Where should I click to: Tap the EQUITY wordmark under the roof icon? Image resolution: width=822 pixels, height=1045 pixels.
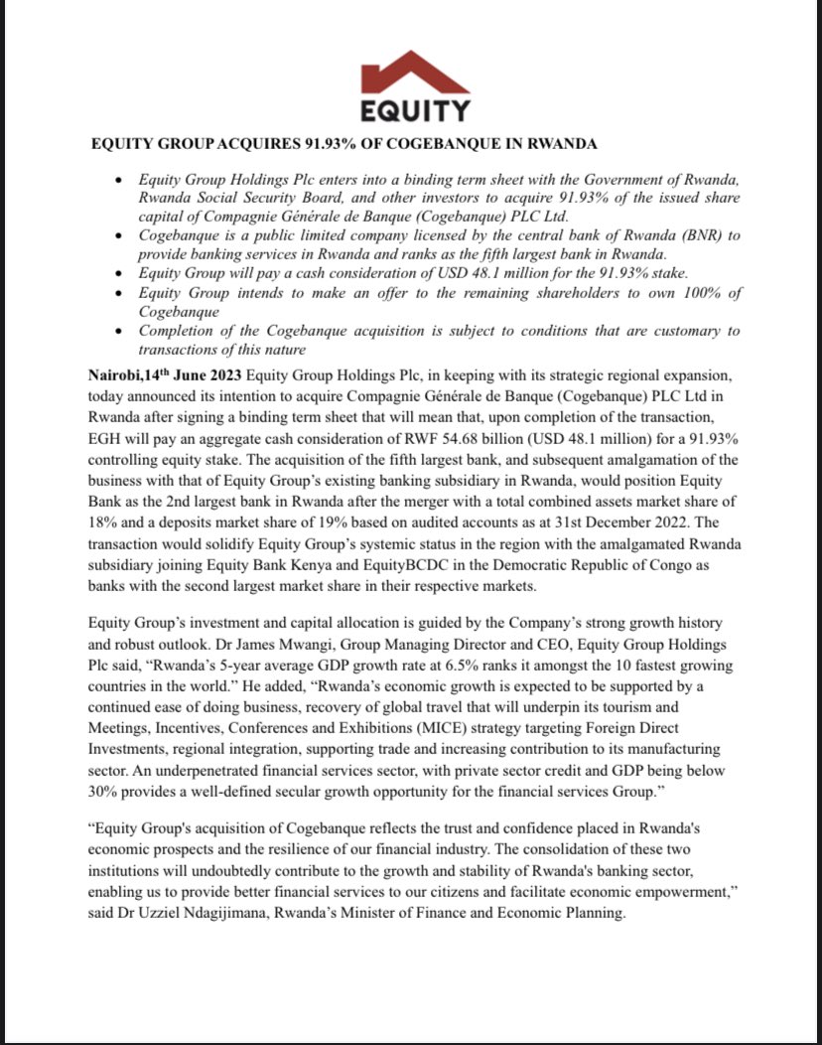[415, 108]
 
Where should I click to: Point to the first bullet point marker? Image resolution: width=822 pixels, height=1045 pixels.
[119, 181]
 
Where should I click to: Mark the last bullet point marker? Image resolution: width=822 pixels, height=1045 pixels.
[119, 332]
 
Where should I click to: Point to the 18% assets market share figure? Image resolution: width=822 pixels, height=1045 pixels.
[106, 506]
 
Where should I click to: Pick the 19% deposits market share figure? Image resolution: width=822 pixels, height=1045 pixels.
[335, 506]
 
